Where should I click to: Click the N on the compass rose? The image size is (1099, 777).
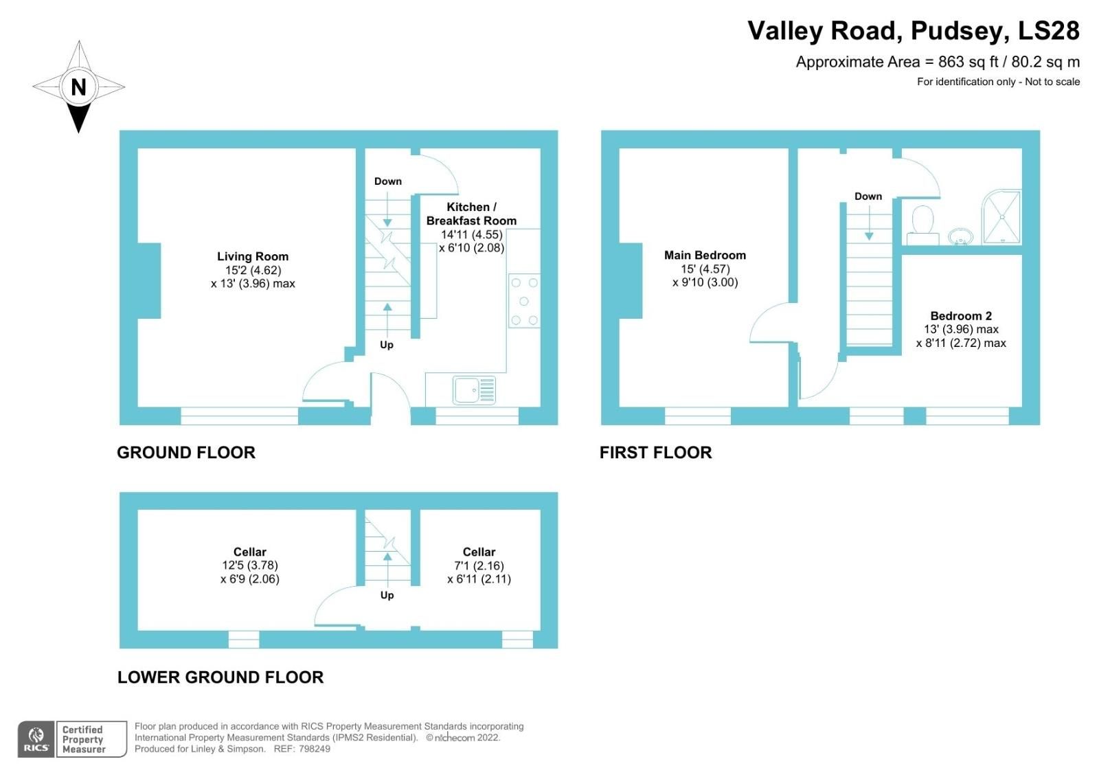78,87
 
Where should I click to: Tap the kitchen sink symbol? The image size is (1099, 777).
474,390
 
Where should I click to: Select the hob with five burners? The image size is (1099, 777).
523,302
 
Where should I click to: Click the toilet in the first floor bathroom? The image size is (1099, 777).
922,223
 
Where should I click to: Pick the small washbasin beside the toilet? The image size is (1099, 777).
960,237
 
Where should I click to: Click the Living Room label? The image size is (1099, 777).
253,256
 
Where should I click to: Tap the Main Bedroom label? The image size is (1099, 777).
705,255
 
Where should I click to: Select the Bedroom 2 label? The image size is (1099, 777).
960,316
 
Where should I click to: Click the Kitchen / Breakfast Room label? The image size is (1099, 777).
471,214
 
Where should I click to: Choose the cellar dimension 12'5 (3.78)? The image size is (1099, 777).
250,565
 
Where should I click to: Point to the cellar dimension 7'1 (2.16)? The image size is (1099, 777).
479,566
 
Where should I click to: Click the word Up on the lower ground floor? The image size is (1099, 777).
387,595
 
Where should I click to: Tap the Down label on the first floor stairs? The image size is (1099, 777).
868,196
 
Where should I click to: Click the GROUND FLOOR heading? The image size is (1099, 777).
186,452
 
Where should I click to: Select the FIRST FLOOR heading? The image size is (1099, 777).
655,452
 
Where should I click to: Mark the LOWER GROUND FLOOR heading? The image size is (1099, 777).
220,677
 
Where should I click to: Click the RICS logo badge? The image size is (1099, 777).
36,739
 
